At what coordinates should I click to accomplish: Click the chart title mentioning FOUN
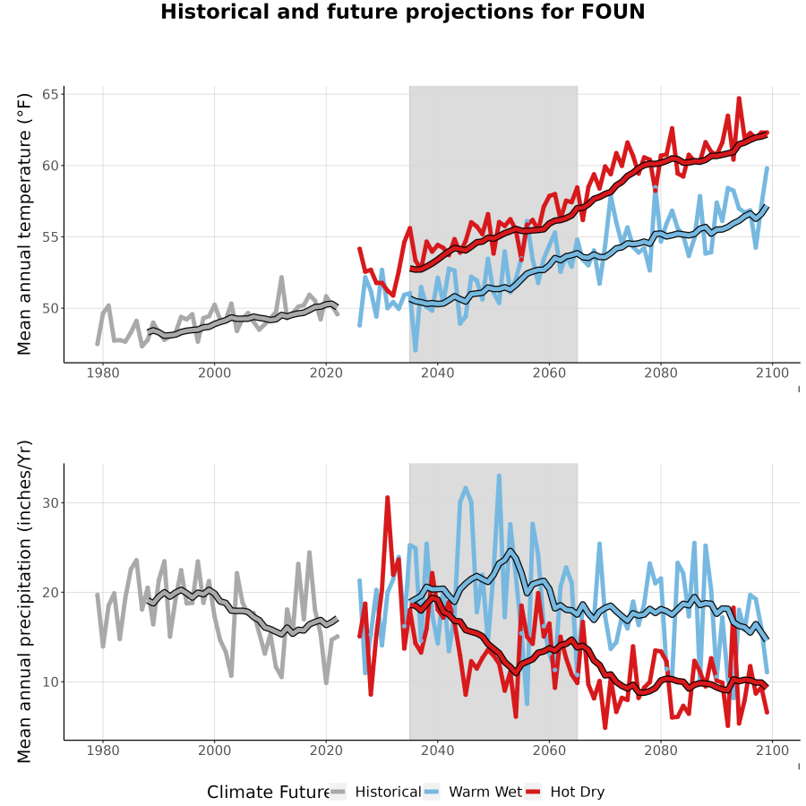click(402, 12)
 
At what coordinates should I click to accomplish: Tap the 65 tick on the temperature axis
click(50, 94)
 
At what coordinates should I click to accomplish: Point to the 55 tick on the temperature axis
click(50, 237)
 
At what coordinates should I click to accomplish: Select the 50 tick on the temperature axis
click(50, 308)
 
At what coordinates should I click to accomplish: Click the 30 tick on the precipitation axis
click(50, 502)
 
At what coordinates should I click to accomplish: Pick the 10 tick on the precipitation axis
click(50, 682)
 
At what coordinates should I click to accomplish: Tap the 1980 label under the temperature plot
click(103, 373)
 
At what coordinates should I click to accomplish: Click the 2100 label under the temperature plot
click(772, 373)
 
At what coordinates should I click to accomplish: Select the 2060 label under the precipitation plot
click(549, 750)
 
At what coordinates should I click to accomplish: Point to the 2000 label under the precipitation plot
click(214, 750)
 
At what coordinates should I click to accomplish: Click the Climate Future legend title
click(269, 793)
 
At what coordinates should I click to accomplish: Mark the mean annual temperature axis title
click(24, 224)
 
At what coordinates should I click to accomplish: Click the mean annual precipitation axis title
click(24, 602)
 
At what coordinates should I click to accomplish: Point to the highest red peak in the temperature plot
click(739, 99)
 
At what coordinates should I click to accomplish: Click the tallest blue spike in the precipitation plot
click(499, 476)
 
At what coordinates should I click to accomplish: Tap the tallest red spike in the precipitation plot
click(387, 498)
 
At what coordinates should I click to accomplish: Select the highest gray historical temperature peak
click(281, 278)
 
